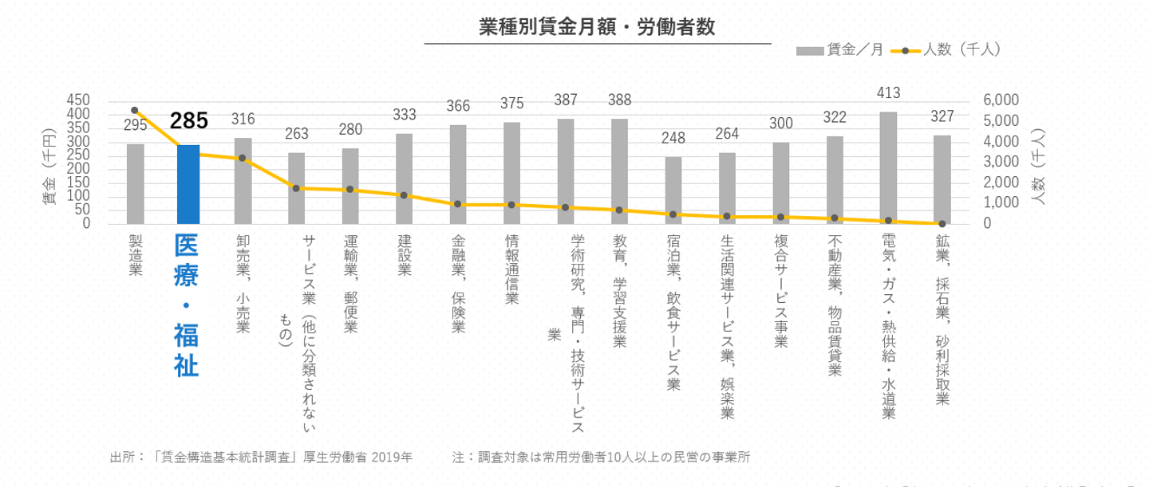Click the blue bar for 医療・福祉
click(188, 184)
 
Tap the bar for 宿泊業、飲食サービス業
click(673, 190)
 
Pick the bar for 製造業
click(135, 184)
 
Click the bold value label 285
click(188, 121)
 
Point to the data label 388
click(619, 100)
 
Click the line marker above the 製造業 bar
click(135, 110)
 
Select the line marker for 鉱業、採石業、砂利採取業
click(942, 223)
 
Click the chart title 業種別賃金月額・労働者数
click(597, 26)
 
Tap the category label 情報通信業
click(511, 269)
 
